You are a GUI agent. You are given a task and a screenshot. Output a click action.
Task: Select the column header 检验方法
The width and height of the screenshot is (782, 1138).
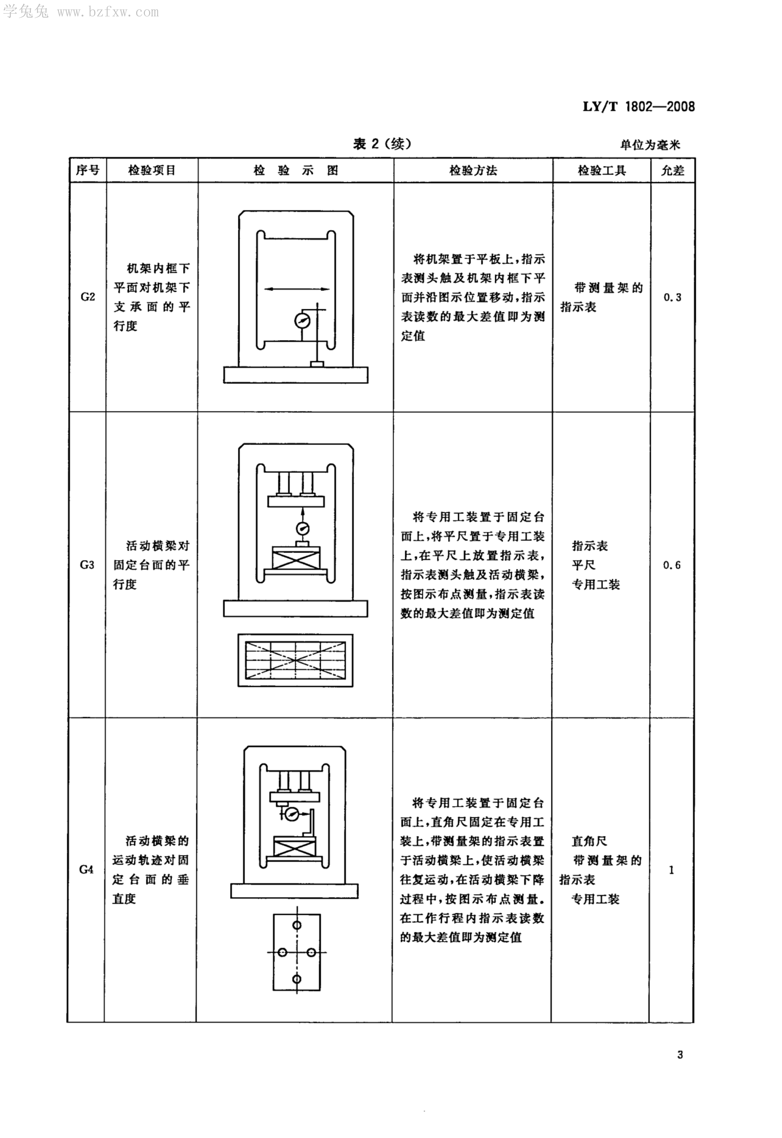[x=473, y=170]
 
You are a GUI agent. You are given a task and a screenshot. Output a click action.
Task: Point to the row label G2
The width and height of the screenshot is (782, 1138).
[x=88, y=297]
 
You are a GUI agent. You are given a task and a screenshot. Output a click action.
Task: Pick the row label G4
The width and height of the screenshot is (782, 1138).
[x=86, y=870]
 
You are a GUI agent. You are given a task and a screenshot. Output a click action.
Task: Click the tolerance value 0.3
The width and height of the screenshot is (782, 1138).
[x=672, y=297]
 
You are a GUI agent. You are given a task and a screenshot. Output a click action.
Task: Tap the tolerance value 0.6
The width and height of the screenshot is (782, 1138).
[x=672, y=565]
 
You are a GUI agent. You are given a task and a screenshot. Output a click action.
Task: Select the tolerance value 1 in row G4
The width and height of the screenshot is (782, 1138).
[x=671, y=870]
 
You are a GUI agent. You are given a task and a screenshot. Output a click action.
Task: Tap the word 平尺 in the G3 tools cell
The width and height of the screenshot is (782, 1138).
[x=584, y=565]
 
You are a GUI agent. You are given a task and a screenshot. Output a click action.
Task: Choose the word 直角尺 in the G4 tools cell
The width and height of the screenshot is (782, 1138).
[x=589, y=841]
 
